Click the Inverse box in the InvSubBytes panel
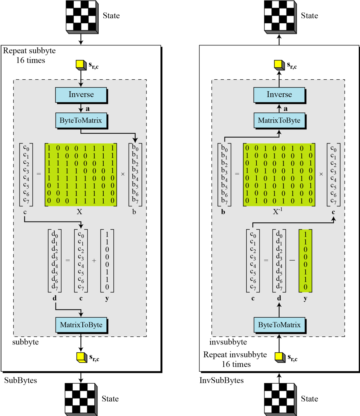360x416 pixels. tap(279, 94)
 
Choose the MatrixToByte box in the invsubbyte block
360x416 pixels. tap(279, 121)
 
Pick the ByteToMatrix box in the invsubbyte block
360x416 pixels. tap(279, 324)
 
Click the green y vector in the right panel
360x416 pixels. tap(306, 260)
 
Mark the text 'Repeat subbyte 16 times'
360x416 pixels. tap(30, 55)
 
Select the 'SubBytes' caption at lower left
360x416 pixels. tap(21, 380)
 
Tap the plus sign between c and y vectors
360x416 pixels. tap(94, 260)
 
